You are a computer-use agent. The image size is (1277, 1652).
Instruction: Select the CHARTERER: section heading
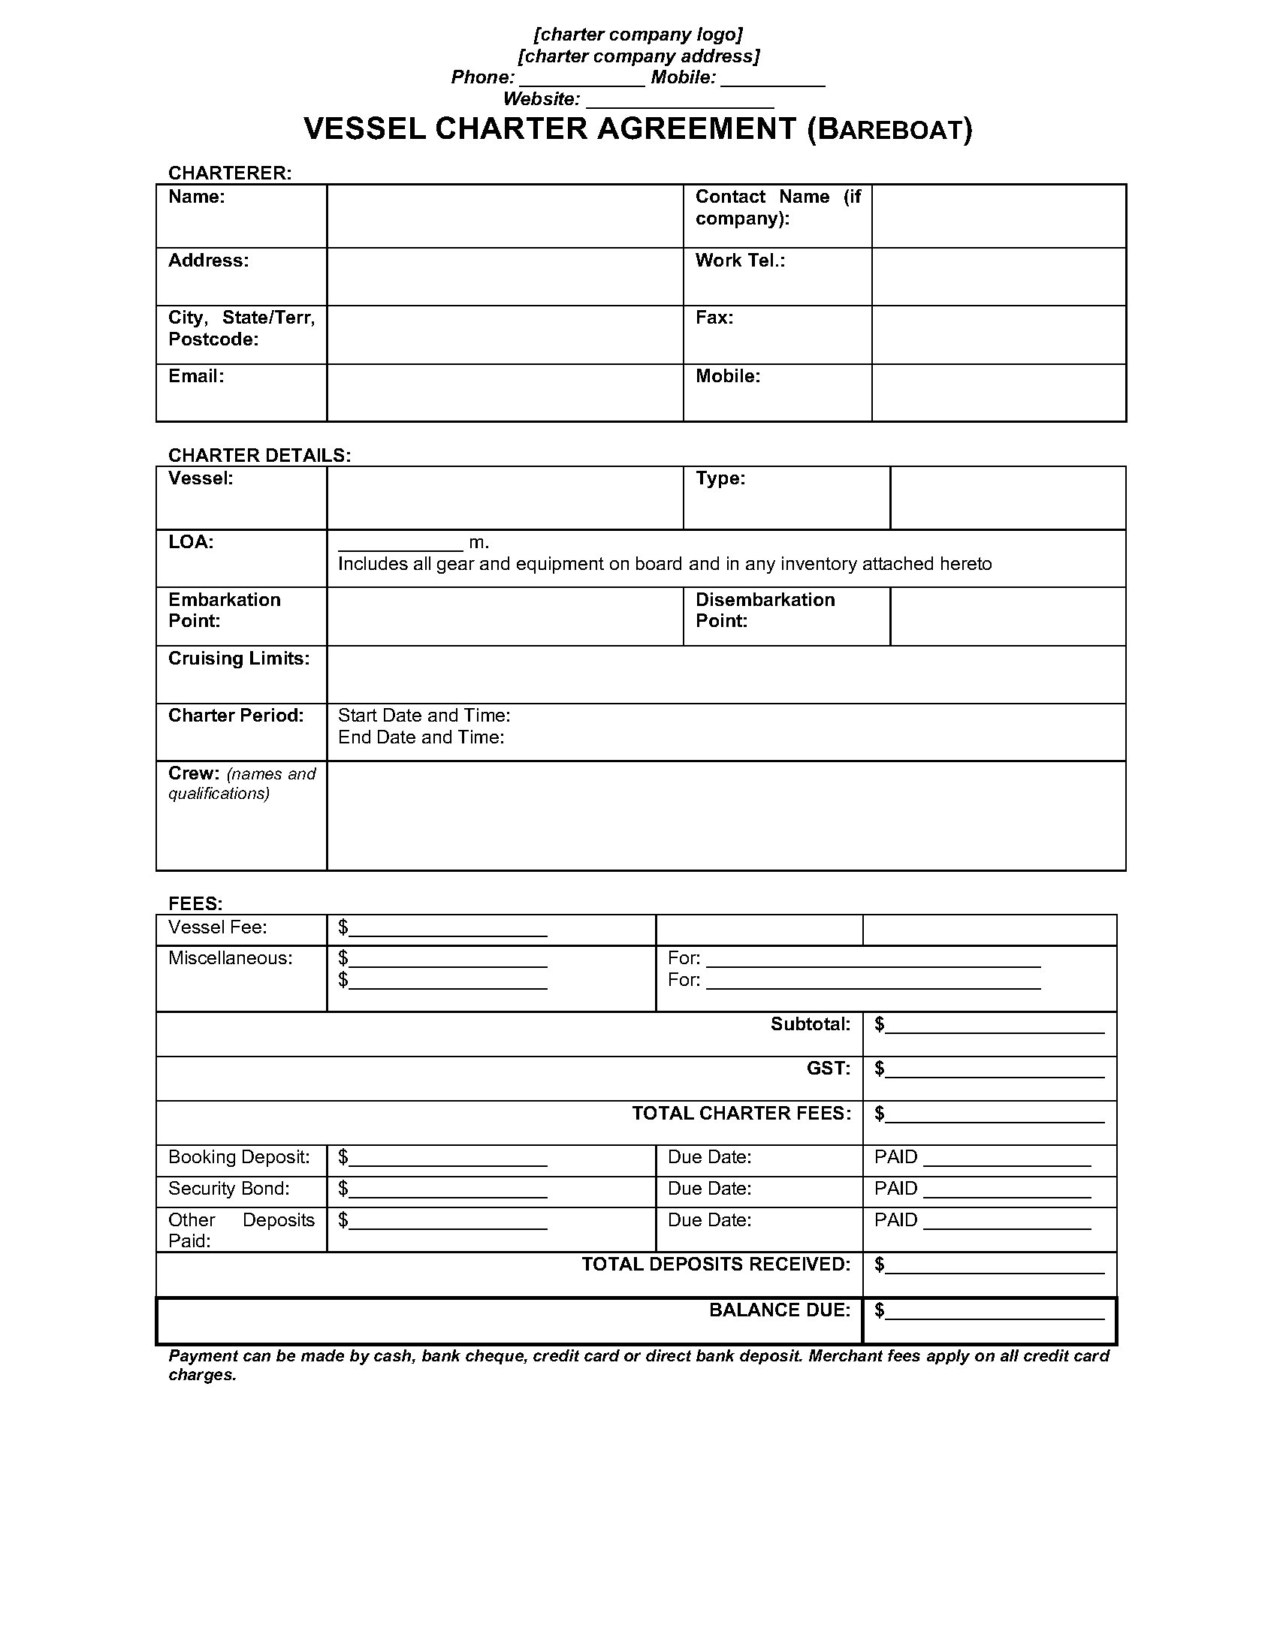coord(229,173)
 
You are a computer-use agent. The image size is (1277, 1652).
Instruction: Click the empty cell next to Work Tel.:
coord(998,277)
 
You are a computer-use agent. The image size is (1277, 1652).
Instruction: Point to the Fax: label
coord(714,318)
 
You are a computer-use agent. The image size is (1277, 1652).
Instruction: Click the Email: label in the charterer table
coord(196,376)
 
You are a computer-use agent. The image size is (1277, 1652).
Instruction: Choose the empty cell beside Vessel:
coord(505,498)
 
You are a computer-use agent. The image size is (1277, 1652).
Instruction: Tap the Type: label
coord(720,478)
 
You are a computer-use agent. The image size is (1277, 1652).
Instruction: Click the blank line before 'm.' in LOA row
coord(400,544)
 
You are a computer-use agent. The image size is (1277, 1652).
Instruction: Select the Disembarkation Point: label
coord(765,610)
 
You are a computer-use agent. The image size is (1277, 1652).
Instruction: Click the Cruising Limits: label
coord(238,658)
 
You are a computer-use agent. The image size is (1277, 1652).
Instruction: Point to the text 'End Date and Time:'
coord(421,737)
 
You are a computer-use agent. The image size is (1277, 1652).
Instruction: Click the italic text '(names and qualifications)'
coord(242,784)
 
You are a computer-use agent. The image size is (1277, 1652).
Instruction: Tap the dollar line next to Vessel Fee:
coord(447,929)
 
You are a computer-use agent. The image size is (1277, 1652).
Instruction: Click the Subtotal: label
coord(811,1023)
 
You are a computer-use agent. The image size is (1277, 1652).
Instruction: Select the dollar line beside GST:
coord(994,1069)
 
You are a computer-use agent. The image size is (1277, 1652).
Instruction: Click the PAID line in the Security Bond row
coord(1006,1190)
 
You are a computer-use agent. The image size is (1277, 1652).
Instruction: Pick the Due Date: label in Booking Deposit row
coord(709,1156)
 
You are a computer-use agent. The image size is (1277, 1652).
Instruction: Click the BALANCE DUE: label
coord(779,1310)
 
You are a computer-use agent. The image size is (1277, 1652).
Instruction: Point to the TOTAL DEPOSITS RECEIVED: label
coord(716,1264)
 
